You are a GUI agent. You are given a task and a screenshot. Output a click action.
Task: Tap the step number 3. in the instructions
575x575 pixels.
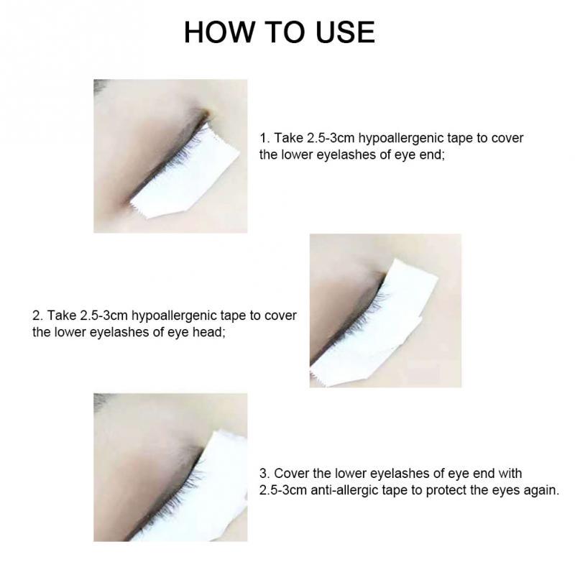point(264,474)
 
